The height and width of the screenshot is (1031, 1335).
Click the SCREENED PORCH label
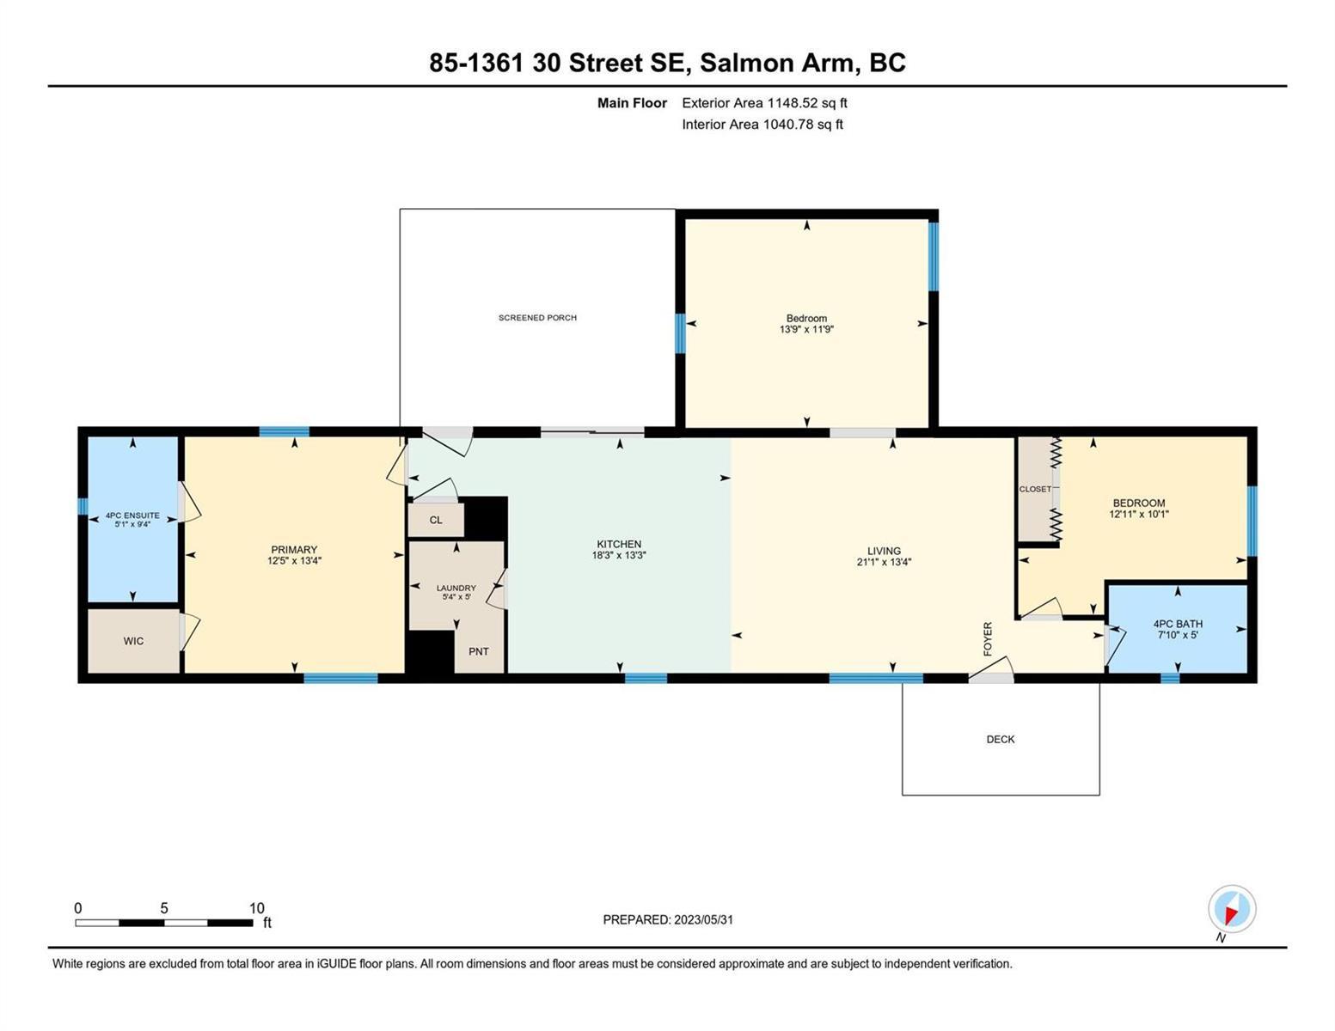tap(537, 318)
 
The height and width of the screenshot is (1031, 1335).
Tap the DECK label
tap(1000, 740)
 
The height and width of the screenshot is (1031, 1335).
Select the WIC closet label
tap(133, 641)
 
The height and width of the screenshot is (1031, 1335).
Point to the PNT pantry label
tap(479, 651)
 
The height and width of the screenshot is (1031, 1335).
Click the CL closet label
tap(436, 520)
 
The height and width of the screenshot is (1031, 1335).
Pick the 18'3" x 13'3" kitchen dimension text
tap(619, 555)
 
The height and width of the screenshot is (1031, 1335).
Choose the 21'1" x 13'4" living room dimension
tap(884, 562)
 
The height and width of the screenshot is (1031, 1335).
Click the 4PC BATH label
tap(1178, 624)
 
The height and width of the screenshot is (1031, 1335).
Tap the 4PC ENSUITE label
tap(132, 515)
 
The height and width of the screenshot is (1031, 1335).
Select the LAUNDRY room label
tap(456, 589)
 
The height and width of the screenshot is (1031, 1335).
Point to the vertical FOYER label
tap(988, 638)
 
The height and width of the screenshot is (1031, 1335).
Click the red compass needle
tap(1231, 914)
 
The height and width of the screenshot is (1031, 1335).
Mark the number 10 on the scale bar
tap(257, 908)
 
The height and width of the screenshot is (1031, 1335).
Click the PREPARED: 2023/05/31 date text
tap(668, 920)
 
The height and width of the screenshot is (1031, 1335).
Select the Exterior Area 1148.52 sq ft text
tap(764, 103)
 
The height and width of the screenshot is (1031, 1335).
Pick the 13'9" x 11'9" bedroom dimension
tap(806, 329)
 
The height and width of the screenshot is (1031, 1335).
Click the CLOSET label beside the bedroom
tap(1035, 490)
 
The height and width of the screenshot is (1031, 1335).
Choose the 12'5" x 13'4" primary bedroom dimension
tap(294, 561)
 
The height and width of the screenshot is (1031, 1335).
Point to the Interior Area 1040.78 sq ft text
tap(762, 125)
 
